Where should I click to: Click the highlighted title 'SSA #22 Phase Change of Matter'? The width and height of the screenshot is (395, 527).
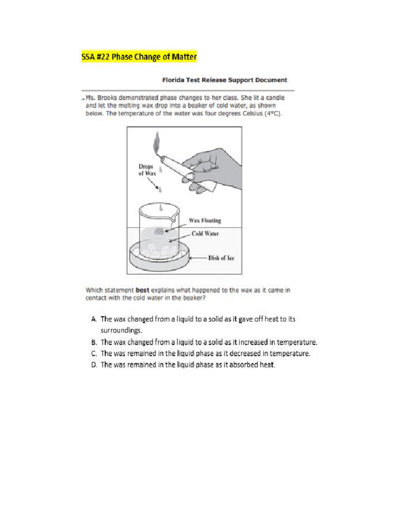(139, 57)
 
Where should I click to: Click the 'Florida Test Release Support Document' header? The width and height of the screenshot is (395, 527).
(225, 80)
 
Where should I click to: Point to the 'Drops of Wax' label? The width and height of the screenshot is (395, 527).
(147, 170)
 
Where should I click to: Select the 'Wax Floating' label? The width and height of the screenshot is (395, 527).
(205, 220)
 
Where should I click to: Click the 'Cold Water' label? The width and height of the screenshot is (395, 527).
(205, 233)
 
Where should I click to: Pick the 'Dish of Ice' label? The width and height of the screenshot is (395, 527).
(221, 258)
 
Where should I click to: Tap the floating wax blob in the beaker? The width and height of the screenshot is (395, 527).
(159, 231)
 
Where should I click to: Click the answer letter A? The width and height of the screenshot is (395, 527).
(88, 319)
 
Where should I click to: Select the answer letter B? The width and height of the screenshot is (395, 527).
(88, 342)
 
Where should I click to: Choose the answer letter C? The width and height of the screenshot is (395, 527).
(88, 354)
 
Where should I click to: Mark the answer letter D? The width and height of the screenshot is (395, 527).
(88, 365)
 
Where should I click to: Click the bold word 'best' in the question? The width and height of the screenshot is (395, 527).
(142, 290)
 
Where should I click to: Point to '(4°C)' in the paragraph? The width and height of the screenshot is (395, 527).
(273, 114)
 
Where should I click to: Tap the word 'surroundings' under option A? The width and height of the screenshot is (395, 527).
(120, 330)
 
